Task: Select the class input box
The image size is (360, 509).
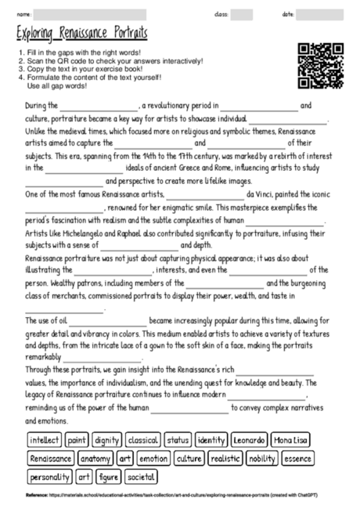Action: point(241,14)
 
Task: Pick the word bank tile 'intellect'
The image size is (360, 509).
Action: point(45,440)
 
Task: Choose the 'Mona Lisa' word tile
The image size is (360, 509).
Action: point(290,440)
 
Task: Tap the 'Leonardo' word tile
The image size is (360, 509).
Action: point(249,440)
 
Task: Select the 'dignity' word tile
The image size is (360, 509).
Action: point(106,440)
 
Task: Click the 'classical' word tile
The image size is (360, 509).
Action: point(143,440)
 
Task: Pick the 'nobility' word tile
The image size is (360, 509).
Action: point(262,458)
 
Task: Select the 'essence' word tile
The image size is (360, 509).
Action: point(297,458)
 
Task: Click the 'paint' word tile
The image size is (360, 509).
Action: point(77,440)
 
